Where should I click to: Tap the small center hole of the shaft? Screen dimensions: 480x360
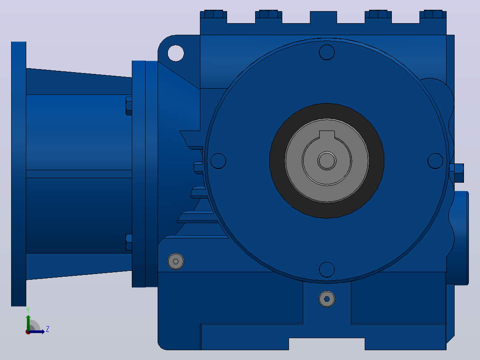click(x=327, y=160)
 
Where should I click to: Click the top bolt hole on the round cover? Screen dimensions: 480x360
click(x=327, y=52)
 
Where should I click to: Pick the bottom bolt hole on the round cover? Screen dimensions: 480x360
click(x=327, y=270)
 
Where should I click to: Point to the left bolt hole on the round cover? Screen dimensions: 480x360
click(x=218, y=161)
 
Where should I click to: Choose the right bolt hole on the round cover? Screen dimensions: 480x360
click(x=435, y=161)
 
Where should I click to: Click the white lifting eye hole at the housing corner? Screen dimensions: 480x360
click(x=176, y=53)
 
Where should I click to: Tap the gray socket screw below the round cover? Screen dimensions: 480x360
click(x=327, y=299)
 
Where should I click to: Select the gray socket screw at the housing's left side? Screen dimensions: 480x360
click(x=176, y=262)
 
